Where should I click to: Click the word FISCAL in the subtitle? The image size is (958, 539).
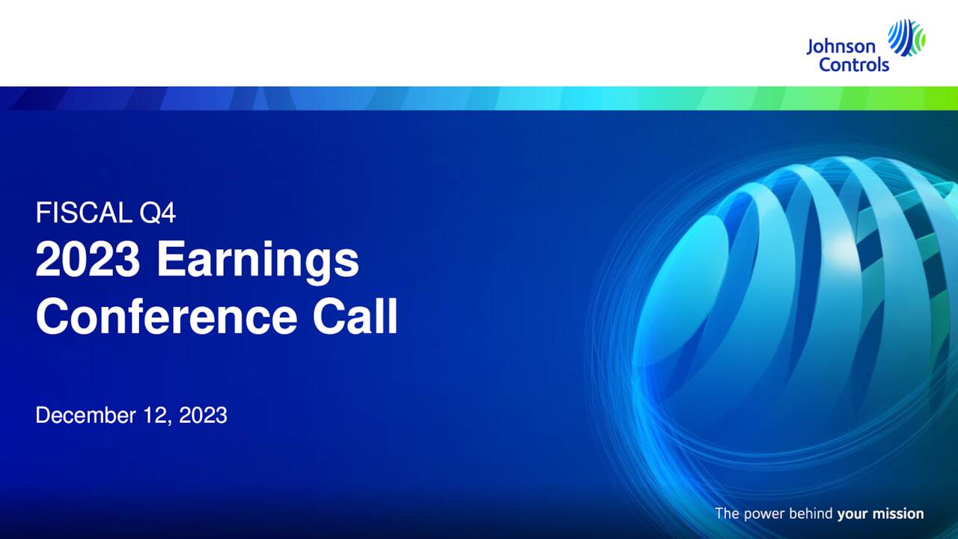[x=84, y=214]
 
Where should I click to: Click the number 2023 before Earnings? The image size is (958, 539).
[x=88, y=260]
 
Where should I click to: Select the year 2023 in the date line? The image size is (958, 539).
[x=203, y=415]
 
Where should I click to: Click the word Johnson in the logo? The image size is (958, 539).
[x=840, y=47]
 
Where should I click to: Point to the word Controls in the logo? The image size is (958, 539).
[x=854, y=64]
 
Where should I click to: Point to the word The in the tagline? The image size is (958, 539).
[x=727, y=514]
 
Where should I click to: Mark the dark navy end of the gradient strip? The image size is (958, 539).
[x=22, y=98]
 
